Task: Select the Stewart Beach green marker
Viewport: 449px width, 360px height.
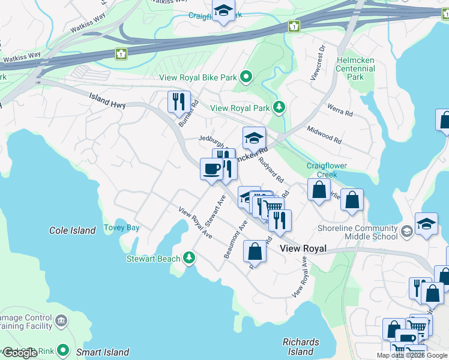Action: tap(189, 259)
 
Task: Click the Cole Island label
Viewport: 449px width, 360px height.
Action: tap(72, 230)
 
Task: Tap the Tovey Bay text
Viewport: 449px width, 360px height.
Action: tap(121, 227)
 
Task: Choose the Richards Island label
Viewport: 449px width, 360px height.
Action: tap(301, 347)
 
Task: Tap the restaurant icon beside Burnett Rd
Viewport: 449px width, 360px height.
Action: tap(179, 102)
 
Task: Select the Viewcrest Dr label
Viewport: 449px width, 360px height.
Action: tap(318, 62)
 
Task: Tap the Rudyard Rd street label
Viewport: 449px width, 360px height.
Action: tap(271, 170)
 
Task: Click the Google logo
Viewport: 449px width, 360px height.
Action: tap(20, 353)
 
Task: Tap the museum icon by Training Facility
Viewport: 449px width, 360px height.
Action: tap(61, 322)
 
